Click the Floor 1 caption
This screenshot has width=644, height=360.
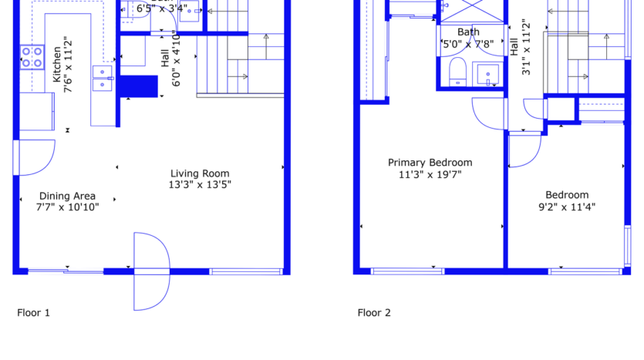[x=33, y=313]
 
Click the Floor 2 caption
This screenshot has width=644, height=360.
[x=374, y=313]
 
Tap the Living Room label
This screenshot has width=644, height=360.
[x=200, y=173]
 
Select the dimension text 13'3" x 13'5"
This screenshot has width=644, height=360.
[x=200, y=185]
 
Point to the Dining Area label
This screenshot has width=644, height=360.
[x=67, y=196]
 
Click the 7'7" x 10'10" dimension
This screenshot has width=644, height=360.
[x=69, y=207]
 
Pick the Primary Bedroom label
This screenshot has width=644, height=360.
[x=430, y=163]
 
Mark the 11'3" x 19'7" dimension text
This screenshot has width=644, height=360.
[x=430, y=174]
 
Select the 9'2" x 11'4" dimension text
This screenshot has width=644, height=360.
[x=566, y=207]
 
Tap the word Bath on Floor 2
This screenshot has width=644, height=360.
[x=468, y=32]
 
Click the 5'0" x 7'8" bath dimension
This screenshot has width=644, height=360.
[x=468, y=44]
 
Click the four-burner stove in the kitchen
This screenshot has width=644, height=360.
[x=32, y=56]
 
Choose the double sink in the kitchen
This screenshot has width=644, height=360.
[x=103, y=79]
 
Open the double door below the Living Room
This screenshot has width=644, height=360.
[x=151, y=271]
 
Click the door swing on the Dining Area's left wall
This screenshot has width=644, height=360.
[x=35, y=158]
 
